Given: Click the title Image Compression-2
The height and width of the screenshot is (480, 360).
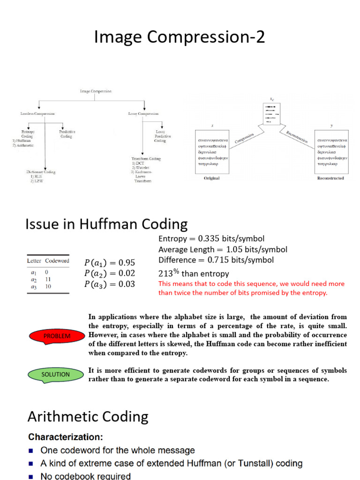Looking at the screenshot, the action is click(x=180, y=37).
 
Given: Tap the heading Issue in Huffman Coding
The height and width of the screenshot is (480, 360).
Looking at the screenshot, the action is click(x=106, y=224).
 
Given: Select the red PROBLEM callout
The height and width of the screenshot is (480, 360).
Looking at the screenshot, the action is click(x=57, y=336).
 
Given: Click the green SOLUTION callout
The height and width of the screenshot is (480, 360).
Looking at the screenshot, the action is click(x=55, y=375).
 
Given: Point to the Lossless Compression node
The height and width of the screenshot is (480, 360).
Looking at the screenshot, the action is click(x=37, y=113).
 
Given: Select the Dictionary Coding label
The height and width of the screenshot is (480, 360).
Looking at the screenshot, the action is click(x=41, y=172).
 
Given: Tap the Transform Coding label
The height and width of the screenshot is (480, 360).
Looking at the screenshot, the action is click(x=146, y=159).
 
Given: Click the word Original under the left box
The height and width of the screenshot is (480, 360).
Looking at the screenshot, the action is click(x=211, y=178).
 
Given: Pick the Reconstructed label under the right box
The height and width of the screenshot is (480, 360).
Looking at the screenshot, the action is click(x=330, y=178).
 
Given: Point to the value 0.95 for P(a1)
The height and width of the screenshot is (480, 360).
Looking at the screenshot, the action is click(x=127, y=262).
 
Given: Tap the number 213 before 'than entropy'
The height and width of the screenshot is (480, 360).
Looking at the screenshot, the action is click(x=165, y=274).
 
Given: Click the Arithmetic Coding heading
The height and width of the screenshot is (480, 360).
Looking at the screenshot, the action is click(x=88, y=416).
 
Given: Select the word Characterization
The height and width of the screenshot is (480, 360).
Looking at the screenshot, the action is click(x=66, y=437).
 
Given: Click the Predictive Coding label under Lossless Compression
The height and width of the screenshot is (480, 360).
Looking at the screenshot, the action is click(x=67, y=134).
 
